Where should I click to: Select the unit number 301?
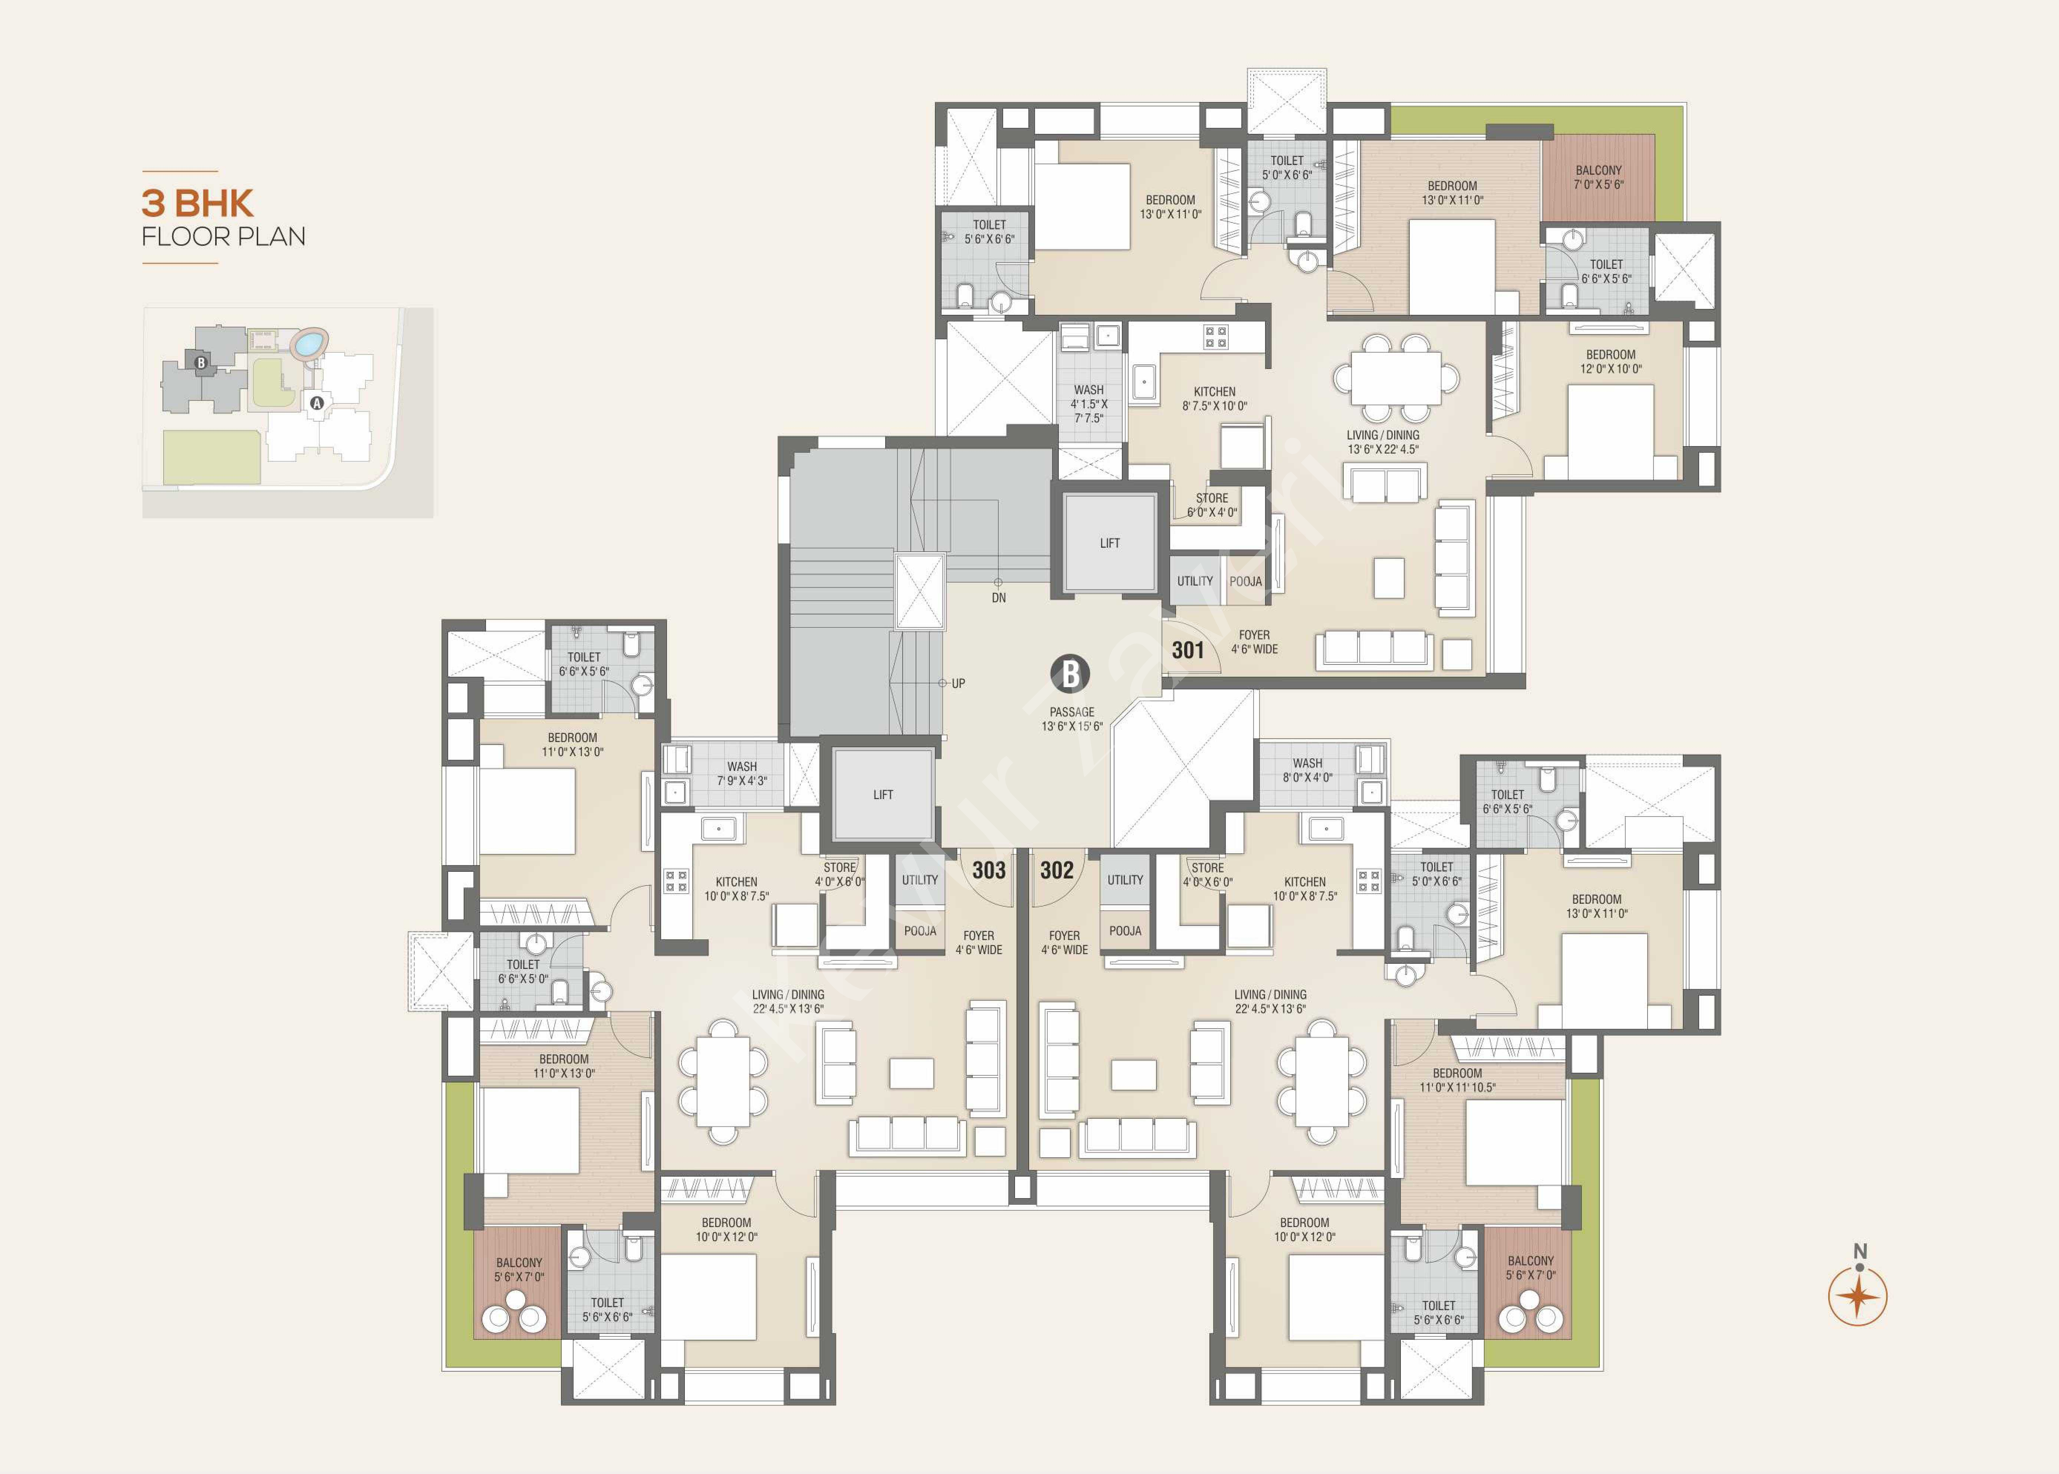coord(1188,650)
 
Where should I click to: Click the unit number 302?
coord(1057,870)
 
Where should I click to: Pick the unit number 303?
coord(989,870)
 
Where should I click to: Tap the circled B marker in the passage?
coord(1070,675)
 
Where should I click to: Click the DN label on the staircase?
coord(999,598)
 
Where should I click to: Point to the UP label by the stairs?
coord(959,683)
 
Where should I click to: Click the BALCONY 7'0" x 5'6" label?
coord(1599,177)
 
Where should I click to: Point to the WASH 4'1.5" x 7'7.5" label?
coord(1088,404)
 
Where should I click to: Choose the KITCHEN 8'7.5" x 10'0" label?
coord(1215,399)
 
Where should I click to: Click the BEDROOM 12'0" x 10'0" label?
coord(1610,361)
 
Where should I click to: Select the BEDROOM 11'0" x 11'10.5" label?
coord(1457,1079)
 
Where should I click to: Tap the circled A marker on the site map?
coord(317,403)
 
